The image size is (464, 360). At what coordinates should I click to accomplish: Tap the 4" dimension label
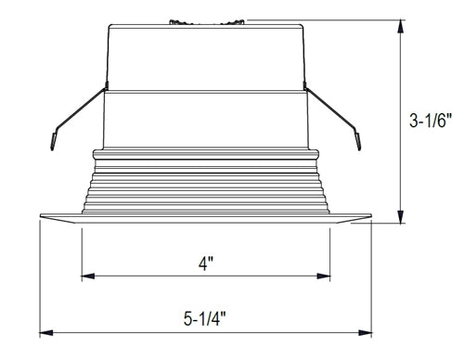click(x=206, y=263)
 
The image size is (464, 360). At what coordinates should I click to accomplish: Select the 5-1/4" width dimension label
click(x=205, y=318)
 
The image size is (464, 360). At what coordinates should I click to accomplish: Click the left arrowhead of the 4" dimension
click(x=87, y=276)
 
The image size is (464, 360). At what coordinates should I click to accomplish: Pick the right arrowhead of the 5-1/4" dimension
click(x=366, y=331)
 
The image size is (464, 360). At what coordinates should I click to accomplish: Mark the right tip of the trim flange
click(x=370, y=219)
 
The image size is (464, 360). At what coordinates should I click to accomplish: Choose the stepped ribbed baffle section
click(x=206, y=181)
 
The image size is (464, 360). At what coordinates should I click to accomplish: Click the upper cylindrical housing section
click(x=206, y=56)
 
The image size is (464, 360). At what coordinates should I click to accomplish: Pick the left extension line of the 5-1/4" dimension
click(x=41, y=278)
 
